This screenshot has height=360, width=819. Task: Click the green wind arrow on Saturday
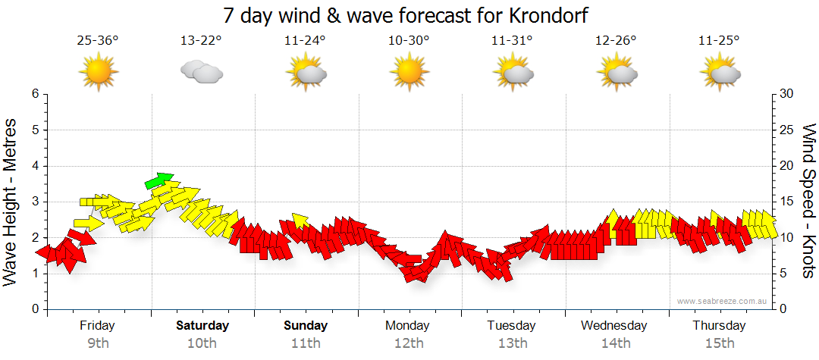click(159, 180)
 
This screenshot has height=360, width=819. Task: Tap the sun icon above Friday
click(98, 74)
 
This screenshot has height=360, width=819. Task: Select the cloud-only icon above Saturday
click(201, 73)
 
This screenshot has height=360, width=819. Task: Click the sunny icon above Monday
click(409, 74)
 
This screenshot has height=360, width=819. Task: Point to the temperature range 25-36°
click(98, 40)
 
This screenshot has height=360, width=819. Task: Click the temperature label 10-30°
click(409, 40)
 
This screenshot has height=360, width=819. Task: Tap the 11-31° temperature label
click(512, 40)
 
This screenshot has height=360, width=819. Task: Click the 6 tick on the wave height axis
click(34, 94)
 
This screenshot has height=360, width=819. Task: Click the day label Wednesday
click(614, 326)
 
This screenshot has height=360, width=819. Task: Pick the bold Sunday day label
click(306, 326)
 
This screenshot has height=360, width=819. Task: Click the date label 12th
click(409, 343)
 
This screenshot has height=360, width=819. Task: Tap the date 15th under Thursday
click(719, 343)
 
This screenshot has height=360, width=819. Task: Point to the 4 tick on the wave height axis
click(34, 166)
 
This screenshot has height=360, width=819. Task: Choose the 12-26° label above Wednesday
click(615, 40)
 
